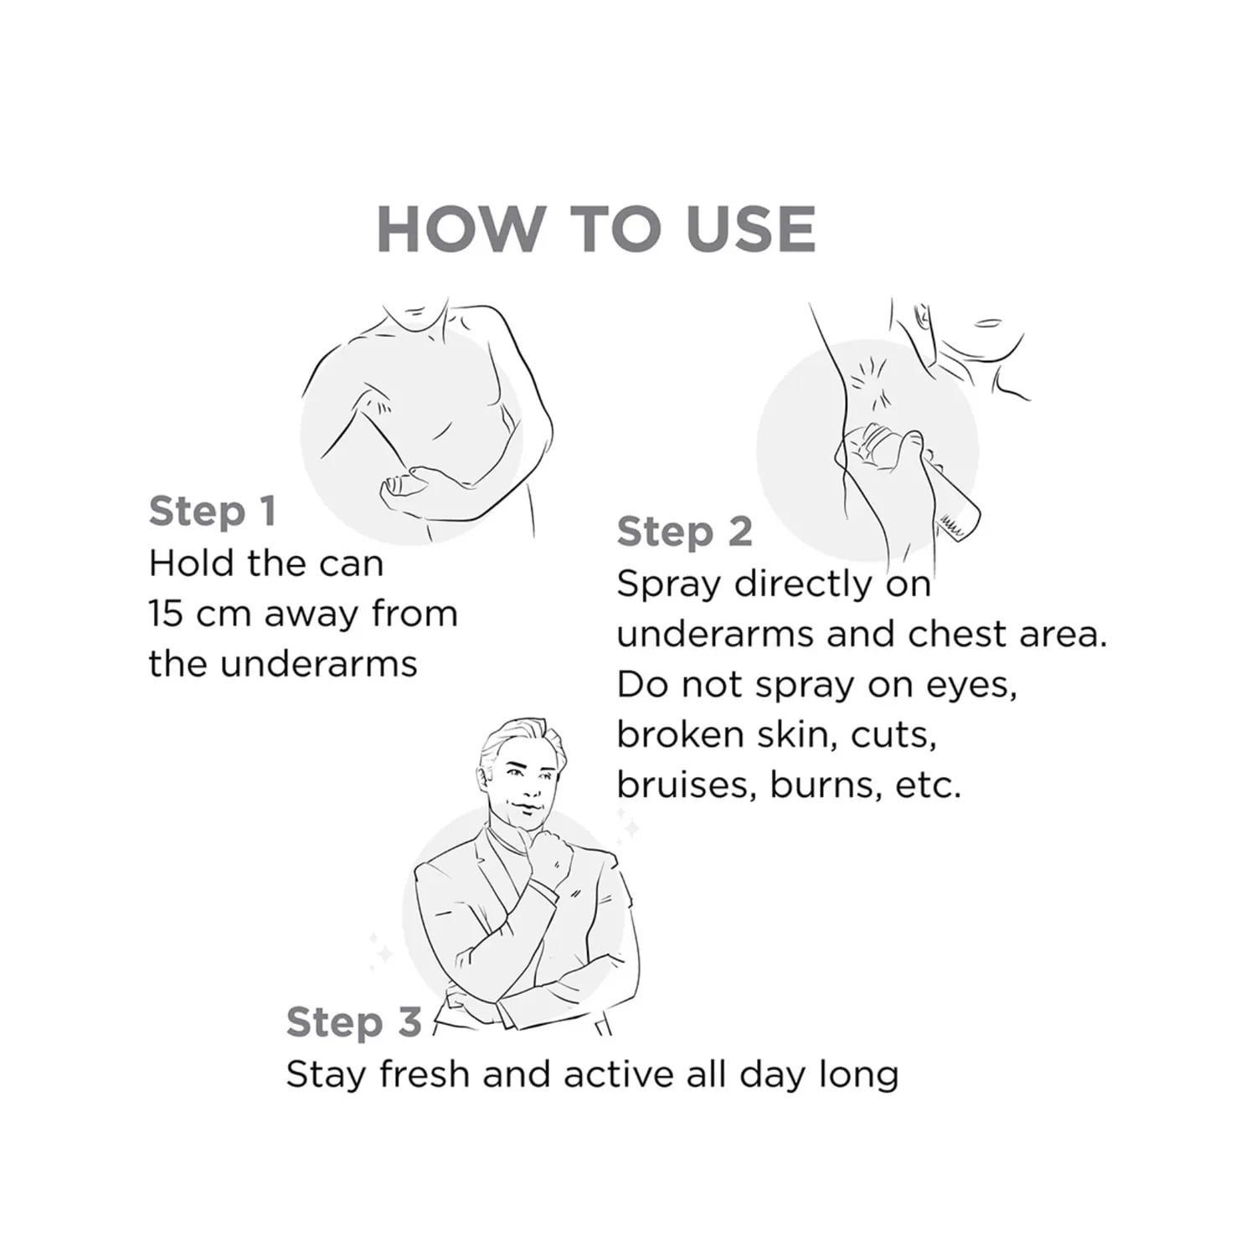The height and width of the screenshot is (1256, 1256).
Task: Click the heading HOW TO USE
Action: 596,227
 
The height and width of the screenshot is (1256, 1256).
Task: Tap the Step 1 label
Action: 213,511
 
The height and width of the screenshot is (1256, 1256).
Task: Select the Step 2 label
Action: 685,533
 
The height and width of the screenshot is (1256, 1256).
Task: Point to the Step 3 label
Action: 353,1022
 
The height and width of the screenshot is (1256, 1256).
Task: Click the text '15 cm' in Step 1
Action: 199,614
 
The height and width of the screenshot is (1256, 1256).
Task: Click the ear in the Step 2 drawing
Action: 920,318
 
